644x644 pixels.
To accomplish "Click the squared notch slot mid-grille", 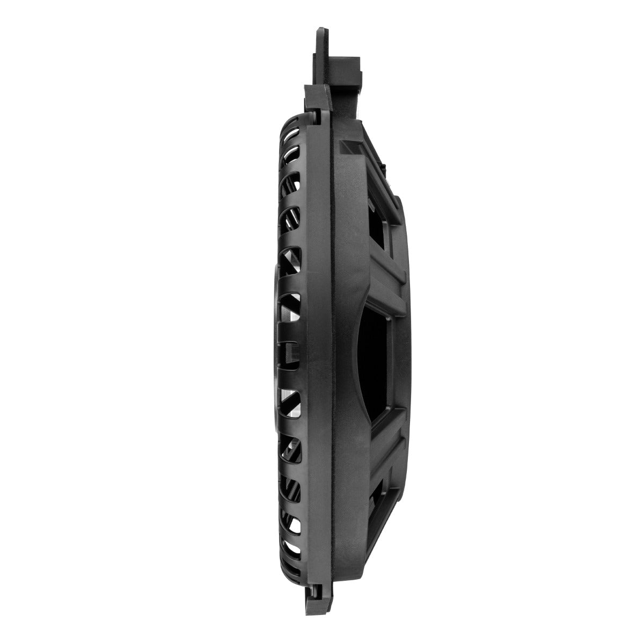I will pos(290,352).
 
